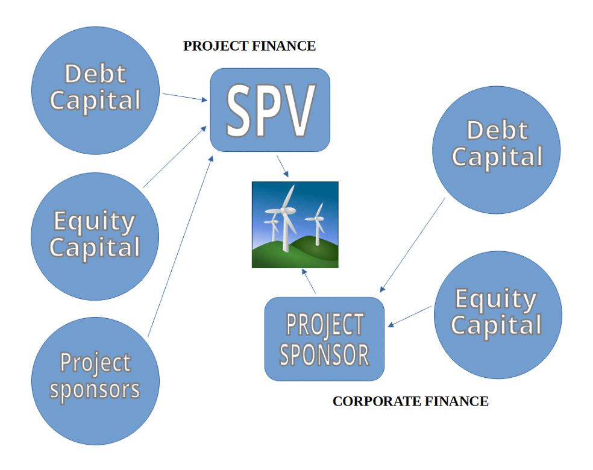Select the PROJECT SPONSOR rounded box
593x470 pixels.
pyautogui.click(x=324, y=339)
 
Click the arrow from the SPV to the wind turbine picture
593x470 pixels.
pyautogui.click(x=281, y=166)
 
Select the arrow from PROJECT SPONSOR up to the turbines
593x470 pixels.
pyautogui.click(x=309, y=282)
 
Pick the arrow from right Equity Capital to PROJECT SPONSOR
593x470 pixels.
pyautogui.click(x=410, y=317)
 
